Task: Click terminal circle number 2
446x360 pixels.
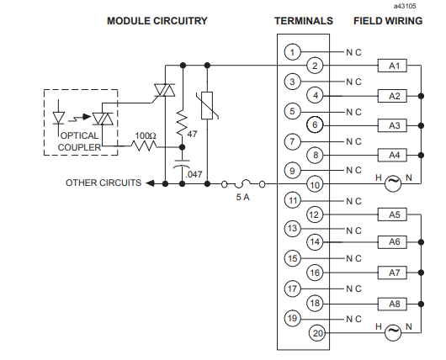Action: point(315,66)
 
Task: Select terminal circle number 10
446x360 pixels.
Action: point(315,185)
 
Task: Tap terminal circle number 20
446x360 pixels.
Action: point(318,333)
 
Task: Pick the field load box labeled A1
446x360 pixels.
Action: point(392,66)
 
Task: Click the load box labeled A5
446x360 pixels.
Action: point(392,214)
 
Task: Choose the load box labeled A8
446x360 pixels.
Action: point(392,304)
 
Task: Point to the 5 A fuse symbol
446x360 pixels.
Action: point(243,184)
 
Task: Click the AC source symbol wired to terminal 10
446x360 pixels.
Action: point(393,183)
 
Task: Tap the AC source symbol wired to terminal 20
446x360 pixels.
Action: point(393,332)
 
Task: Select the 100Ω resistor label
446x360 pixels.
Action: point(146,136)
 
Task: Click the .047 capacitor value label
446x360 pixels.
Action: point(194,174)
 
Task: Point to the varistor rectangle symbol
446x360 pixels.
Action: point(207,105)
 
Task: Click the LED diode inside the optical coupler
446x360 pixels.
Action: point(59,118)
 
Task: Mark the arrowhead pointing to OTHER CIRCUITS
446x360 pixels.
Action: point(150,183)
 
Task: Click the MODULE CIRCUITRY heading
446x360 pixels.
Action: point(157,21)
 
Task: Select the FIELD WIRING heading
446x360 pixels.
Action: point(388,21)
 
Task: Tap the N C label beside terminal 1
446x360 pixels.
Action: point(353,52)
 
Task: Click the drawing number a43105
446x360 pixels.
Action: point(405,6)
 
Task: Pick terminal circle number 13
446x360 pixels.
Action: point(292,228)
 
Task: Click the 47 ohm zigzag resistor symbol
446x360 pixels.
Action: point(183,124)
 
